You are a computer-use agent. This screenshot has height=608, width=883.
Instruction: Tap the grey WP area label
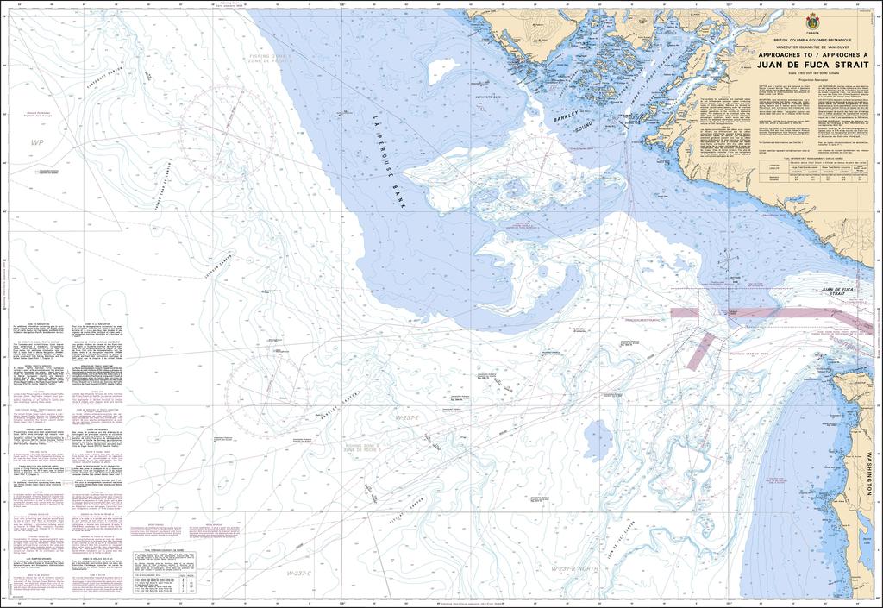(x=35, y=141)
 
